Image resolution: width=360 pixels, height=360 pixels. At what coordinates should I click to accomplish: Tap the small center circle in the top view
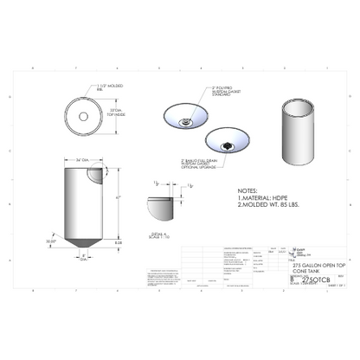84,114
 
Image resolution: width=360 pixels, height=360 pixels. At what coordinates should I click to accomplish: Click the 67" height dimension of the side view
116,198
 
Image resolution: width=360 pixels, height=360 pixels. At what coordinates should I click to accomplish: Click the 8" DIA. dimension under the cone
83,259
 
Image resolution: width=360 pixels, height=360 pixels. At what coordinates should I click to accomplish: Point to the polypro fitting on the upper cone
186,122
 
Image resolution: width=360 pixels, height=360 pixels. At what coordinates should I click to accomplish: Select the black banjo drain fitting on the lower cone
227,145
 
